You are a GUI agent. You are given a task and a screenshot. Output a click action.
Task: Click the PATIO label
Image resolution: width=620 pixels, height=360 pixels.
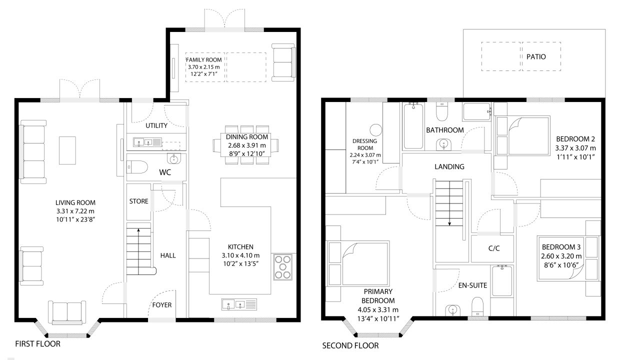(536, 56)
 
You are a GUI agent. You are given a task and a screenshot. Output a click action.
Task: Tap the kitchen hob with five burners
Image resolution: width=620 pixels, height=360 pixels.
(282, 266)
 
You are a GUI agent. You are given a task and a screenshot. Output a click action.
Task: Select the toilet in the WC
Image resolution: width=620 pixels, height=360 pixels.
(137, 167)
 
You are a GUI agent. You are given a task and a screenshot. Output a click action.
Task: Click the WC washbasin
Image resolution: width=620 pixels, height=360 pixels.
(174, 159)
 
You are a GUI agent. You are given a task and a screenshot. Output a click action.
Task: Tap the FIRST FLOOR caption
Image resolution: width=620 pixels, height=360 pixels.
(37, 344)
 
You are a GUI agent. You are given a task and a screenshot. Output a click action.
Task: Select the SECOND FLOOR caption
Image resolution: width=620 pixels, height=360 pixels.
(350, 345)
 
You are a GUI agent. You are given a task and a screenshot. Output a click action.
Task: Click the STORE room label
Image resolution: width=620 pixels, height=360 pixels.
(138, 201)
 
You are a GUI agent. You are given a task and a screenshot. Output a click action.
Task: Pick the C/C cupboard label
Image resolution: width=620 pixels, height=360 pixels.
(494, 248)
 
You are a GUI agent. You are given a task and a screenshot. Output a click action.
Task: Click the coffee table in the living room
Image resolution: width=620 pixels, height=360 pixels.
(67, 150)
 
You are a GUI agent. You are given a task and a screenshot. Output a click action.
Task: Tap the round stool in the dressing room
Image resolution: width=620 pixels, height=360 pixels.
(375, 130)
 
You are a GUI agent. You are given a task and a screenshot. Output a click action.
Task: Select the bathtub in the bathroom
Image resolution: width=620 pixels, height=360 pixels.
(413, 126)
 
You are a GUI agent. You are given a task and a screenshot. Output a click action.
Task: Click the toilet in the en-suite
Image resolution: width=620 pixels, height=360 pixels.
(477, 306)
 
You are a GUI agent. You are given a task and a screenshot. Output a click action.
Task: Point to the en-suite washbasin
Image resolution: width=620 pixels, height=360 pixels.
(453, 309)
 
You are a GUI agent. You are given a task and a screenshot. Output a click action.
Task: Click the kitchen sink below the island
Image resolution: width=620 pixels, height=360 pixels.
(239, 304)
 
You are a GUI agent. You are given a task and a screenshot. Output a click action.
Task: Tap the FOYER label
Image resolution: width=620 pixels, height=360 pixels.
(162, 305)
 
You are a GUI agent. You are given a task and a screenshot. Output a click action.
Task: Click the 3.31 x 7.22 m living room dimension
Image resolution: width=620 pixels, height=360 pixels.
(75, 211)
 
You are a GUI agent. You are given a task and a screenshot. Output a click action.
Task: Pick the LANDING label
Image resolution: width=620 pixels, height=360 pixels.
(449, 166)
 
